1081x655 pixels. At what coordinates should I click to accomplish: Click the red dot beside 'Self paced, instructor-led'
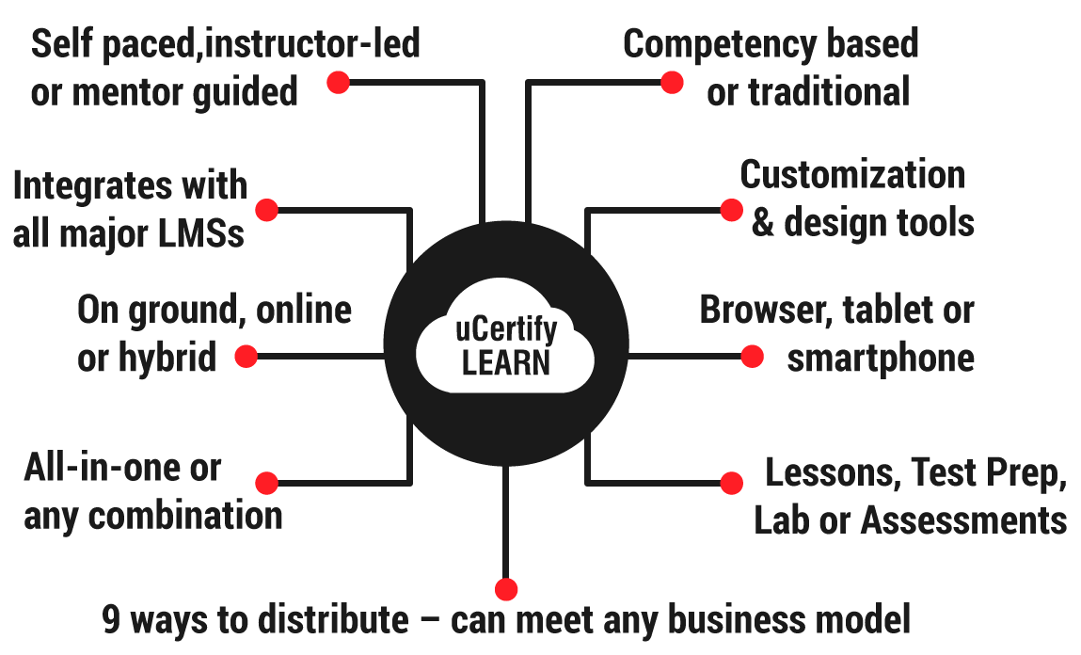pyautogui.click(x=338, y=83)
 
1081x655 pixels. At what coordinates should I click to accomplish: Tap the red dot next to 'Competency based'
pyautogui.click(x=671, y=83)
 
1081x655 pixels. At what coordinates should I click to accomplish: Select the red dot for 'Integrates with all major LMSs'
pyautogui.click(x=266, y=210)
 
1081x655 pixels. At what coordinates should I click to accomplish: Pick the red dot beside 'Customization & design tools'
pyautogui.click(x=731, y=210)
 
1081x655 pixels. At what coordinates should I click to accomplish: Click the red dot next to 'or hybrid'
pyautogui.click(x=246, y=356)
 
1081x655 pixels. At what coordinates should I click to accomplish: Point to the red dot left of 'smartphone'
pyautogui.click(x=752, y=356)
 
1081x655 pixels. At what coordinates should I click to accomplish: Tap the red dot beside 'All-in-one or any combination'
pyautogui.click(x=266, y=483)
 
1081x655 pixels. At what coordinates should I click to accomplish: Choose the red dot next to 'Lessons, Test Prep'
pyautogui.click(x=731, y=483)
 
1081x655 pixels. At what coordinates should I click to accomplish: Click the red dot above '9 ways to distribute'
pyautogui.click(x=506, y=589)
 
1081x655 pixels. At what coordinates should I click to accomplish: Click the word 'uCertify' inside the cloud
pyautogui.click(x=506, y=331)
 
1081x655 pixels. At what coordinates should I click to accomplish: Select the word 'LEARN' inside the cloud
pyautogui.click(x=506, y=362)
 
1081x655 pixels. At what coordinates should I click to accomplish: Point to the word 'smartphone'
pyautogui.click(x=880, y=359)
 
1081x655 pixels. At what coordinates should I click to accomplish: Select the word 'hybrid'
pyautogui.click(x=168, y=359)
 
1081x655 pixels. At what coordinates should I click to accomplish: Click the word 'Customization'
pyautogui.click(x=852, y=175)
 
